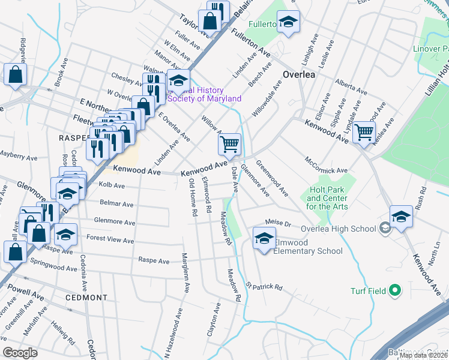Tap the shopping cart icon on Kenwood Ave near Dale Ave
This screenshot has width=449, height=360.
pyautogui.click(x=229, y=144)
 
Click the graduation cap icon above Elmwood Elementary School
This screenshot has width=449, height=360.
pyautogui.click(x=264, y=237)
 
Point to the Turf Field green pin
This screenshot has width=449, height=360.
pyautogui.click(x=394, y=291)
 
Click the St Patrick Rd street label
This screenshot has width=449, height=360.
pyautogui.click(x=264, y=287)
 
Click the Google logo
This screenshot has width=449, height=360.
pyautogui.click(x=20, y=353)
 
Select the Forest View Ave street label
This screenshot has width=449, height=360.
pyautogui.click(x=110, y=240)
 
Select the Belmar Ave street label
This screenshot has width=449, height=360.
pyautogui.click(x=117, y=204)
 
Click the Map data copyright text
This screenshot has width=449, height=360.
pyautogui.click(x=423, y=355)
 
